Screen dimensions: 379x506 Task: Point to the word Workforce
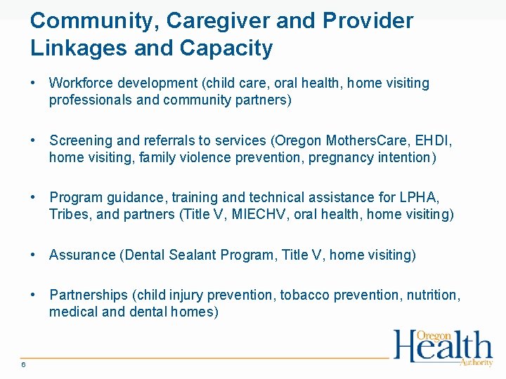77,84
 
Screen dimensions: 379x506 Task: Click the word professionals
90,100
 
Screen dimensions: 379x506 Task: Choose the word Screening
79,141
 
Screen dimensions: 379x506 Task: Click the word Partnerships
89,295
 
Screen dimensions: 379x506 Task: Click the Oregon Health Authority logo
443,347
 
